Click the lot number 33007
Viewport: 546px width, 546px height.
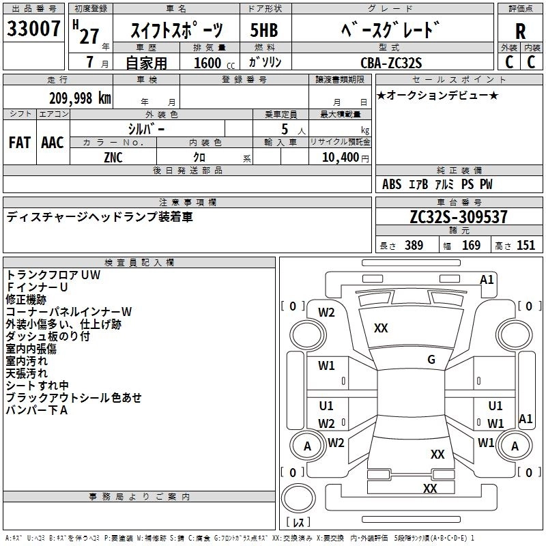(x=33, y=28)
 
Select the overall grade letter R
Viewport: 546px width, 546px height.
(x=520, y=31)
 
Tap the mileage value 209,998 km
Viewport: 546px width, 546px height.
(x=80, y=98)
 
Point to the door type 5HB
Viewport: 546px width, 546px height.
(x=264, y=30)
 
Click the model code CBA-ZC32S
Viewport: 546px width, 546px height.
(x=391, y=63)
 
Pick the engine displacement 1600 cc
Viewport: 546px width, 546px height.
(x=214, y=63)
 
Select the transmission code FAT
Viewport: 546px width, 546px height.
(x=20, y=143)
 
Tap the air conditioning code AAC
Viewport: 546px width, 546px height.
(x=53, y=143)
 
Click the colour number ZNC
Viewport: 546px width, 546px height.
(x=113, y=158)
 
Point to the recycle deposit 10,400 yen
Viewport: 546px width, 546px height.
(x=345, y=158)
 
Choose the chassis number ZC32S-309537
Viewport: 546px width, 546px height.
(x=459, y=216)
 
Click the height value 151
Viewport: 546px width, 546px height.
(x=526, y=245)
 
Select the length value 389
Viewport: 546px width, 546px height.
(x=414, y=245)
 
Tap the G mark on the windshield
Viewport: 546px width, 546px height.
(x=431, y=360)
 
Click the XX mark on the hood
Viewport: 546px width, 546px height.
(x=381, y=328)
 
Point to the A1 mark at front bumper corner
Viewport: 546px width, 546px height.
(x=487, y=280)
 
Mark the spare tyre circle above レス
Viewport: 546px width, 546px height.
(x=298, y=498)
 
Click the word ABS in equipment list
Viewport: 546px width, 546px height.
(x=392, y=184)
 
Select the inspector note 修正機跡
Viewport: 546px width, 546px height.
(x=26, y=300)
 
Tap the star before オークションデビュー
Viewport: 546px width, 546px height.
(x=382, y=96)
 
